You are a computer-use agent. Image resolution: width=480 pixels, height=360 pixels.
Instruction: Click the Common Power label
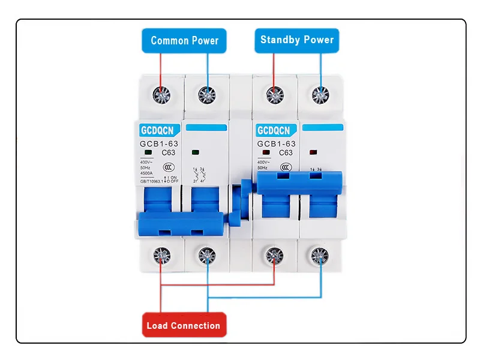(184, 41)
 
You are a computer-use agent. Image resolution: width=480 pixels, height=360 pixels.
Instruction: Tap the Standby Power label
(296, 40)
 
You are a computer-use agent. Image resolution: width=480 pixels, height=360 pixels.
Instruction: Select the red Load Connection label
(184, 326)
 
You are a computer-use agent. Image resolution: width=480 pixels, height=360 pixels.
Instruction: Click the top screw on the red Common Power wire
(160, 94)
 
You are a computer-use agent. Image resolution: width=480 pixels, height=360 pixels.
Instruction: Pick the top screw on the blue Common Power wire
(207, 94)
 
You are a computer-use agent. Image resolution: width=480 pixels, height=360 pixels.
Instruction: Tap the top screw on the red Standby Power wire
(274, 94)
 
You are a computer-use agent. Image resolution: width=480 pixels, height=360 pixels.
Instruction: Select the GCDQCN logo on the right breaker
(273, 130)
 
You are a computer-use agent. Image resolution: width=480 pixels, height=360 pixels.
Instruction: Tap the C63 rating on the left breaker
(169, 152)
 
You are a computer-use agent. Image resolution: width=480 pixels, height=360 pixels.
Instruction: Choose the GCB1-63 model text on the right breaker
(277, 144)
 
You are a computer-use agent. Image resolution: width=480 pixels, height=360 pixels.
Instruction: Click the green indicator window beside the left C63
(147, 152)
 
